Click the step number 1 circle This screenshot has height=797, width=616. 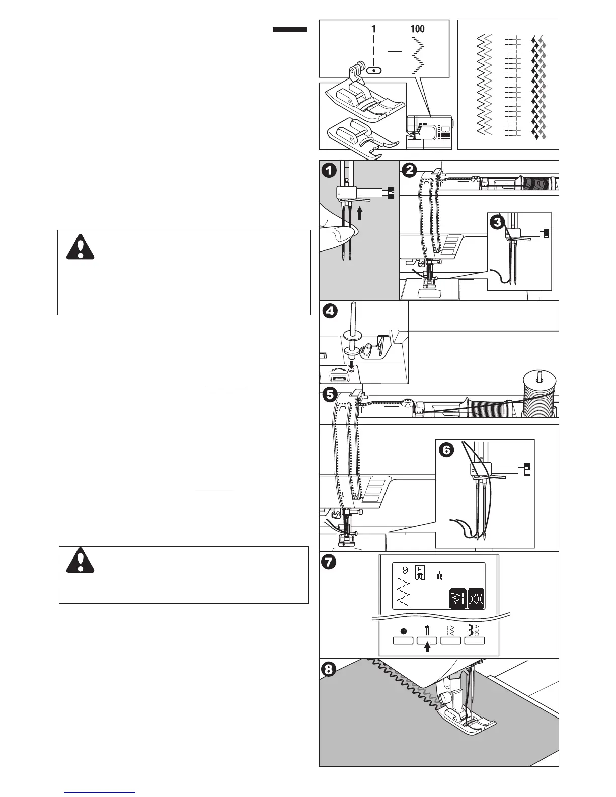(x=329, y=170)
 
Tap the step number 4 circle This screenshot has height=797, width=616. (x=329, y=311)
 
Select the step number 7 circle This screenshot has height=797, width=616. (x=329, y=562)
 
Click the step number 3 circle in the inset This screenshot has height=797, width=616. (x=498, y=223)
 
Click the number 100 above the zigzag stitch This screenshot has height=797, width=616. (x=417, y=29)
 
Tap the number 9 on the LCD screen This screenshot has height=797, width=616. (x=405, y=571)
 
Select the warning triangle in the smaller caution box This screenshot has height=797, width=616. (x=81, y=561)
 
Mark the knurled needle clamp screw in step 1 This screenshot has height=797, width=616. (x=389, y=191)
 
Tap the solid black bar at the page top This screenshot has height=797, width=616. (x=290, y=30)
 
